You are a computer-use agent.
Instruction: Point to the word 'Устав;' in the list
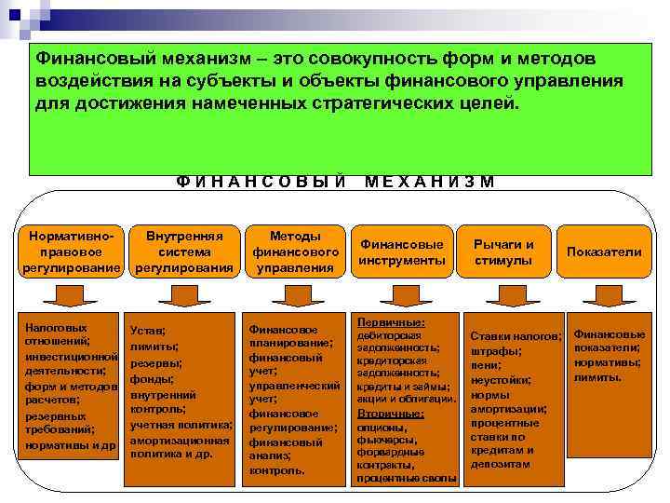click(x=148, y=331)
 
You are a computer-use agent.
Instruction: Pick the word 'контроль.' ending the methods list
click(x=276, y=471)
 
